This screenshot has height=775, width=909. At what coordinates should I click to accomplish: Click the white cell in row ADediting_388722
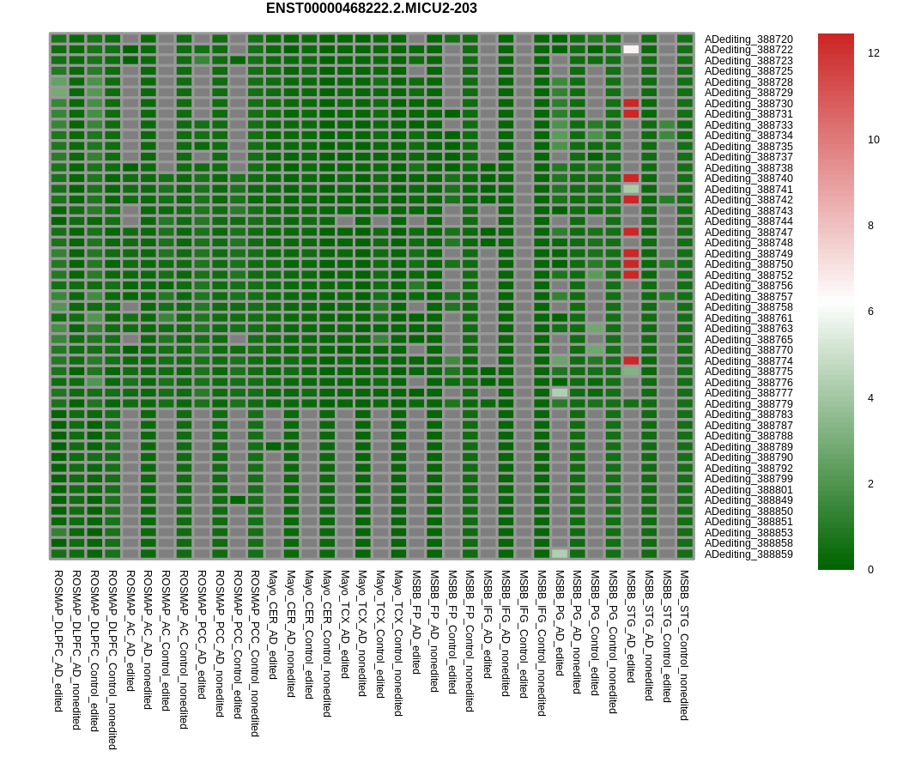[x=631, y=50]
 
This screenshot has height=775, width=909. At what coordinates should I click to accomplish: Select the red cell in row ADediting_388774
[x=631, y=360]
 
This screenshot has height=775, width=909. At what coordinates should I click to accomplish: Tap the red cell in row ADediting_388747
[x=631, y=232]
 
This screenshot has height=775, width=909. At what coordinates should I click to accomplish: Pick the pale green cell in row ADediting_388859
[x=560, y=554]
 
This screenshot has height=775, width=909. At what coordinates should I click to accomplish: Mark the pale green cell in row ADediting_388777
[x=560, y=392]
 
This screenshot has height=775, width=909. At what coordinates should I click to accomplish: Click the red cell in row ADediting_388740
[x=631, y=179]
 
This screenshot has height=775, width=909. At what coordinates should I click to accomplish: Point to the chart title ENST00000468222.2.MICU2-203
[x=371, y=9]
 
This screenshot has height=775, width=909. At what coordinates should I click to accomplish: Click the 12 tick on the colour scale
[x=874, y=53]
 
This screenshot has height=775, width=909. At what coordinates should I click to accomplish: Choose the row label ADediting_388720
[x=748, y=39]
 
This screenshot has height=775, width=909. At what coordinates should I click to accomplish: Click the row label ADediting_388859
[x=748, y=554]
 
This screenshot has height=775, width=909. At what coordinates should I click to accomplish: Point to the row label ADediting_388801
[x=748, y=490]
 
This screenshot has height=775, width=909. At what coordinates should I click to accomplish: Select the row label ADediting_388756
[x=748, y=286]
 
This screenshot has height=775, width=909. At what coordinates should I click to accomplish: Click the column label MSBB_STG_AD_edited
[x=631, y=626]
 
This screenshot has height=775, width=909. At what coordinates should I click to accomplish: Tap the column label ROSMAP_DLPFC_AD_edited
[x=58, y=640]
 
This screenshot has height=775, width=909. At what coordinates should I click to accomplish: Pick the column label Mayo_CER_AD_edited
[x=273, y=624]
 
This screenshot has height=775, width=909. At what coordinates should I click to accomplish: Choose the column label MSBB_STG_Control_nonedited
[x=684, y=645]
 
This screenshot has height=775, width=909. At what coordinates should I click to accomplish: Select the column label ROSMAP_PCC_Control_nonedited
[x=255, y=653]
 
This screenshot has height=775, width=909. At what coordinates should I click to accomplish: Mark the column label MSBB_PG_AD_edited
[x=560, y=622]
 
